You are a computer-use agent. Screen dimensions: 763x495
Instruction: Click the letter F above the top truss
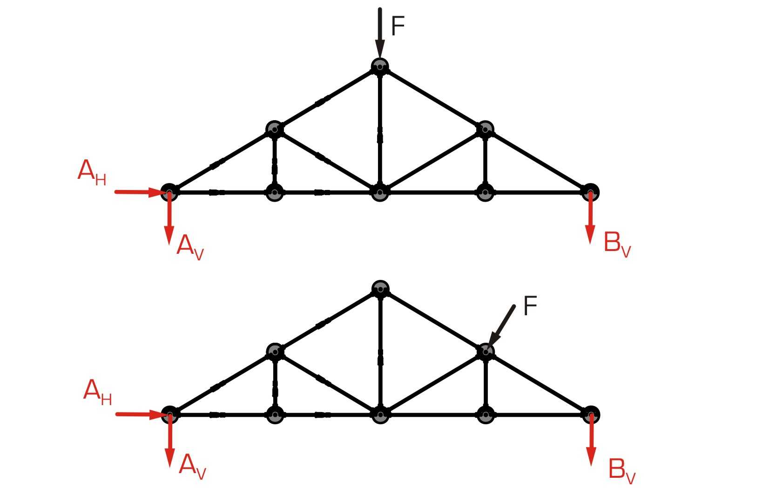[398, 26]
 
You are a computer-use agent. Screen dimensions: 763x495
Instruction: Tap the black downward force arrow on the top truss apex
[380, 33]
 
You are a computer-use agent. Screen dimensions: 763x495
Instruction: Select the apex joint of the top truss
[380, 67]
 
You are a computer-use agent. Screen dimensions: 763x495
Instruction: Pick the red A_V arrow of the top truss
[169, 218]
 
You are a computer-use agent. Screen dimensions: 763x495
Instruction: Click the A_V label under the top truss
[190, 247]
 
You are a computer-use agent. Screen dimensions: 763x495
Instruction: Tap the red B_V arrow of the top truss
[590, 218]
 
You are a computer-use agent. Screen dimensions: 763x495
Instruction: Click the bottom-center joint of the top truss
[380, 192]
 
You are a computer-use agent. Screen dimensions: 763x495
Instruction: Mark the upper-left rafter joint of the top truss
[275, 129]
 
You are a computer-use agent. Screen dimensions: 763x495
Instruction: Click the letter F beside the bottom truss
[530, 305]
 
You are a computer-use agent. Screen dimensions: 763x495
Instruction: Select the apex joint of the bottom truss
[380, 289]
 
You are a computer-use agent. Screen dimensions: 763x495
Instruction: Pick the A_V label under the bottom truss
[192, 467]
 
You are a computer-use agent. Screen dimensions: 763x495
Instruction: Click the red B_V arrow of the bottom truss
[591, 440]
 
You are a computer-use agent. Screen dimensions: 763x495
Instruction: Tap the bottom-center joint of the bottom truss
[380, 415]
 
